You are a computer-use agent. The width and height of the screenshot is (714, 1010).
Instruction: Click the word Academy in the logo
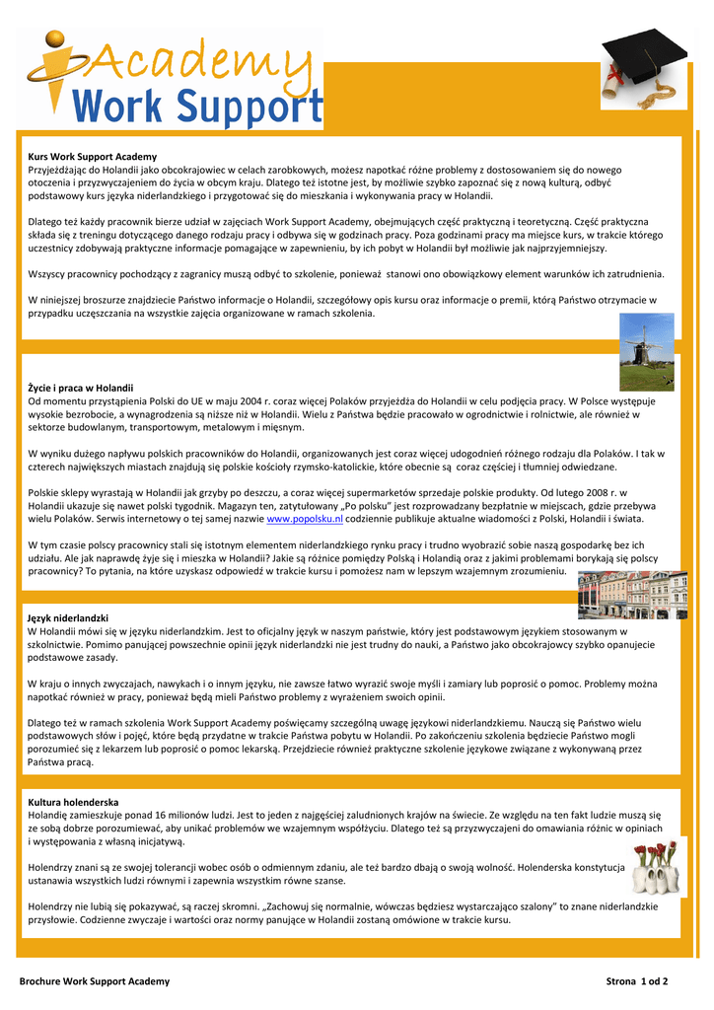(192, 59)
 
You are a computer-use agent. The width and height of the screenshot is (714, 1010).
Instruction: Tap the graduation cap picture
(638, 68)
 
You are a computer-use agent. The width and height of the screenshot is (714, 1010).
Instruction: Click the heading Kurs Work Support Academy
(92, 157)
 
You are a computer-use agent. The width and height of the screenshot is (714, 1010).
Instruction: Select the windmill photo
(647, 352)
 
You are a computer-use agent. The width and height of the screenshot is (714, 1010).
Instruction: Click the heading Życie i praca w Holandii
(80, 388)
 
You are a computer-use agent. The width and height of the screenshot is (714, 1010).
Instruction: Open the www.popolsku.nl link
(305, 518)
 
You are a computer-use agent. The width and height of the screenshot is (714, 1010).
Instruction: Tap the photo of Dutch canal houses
(632, 595)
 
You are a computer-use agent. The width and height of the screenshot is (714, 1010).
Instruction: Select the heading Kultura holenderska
(73, 802)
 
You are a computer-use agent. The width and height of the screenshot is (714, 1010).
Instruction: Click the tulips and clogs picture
(656, 867)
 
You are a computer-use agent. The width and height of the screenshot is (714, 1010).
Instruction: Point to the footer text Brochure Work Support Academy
(95, 981)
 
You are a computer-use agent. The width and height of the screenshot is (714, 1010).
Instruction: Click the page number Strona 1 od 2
(636, 981)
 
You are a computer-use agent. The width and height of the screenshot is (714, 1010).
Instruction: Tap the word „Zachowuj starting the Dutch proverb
(296, 905)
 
